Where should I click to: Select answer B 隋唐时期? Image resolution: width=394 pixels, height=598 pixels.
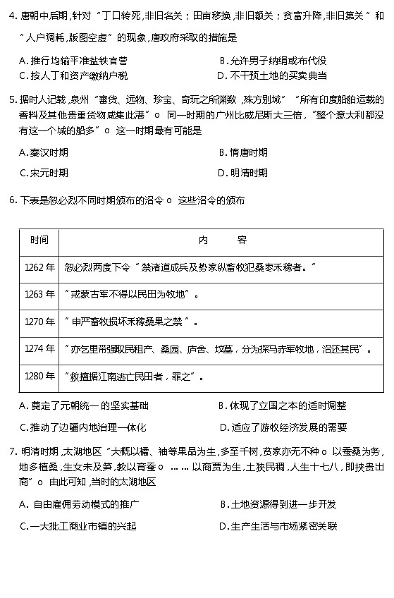pyautogui.click(x=243, y=152)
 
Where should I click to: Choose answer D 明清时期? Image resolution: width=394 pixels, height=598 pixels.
pyautogui.click(x=243, y=172)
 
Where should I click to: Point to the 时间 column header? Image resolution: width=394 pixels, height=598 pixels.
pyautogui.click(x=39, y=240)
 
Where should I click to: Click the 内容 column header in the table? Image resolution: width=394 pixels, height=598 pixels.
pyautogui.click(x=221, y=240)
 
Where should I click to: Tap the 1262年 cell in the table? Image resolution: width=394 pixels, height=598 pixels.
pyautogui.click(x=39, y=267)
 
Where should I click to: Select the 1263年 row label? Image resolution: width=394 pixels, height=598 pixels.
pyautogui.click(x=39, y=294)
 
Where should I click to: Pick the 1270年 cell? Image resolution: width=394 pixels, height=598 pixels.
pyautogui.click(x=39, y=322)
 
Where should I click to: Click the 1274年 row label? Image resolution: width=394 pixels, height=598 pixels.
pyautogui.click(x=39, y=348)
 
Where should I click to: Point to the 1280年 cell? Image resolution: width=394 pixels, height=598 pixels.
pyautogui.click(x=39, y=376)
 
